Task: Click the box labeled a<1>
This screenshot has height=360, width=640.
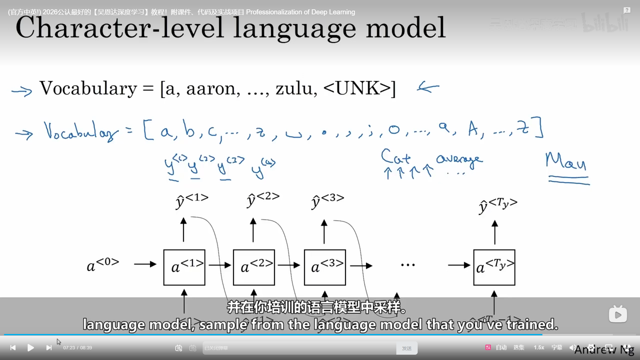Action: click(184, 267)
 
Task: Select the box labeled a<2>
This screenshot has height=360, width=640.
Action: click(254, 267)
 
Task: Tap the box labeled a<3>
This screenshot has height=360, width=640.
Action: click(325, 267)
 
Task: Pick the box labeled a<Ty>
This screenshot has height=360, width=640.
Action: click(494, 267)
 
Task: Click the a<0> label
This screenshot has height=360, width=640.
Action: click(103, 265)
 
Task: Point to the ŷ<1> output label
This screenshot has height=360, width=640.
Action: click(192, 200)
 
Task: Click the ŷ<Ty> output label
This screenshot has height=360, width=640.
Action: click(498, 205)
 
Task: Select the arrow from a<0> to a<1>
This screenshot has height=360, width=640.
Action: click(145, 264)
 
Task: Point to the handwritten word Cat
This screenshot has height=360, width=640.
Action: click(396, 157)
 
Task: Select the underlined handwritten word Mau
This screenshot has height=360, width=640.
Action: click(566, 161)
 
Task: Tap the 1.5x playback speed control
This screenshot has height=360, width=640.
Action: click(539, 347)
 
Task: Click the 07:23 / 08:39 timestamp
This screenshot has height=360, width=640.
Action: click(78, 348)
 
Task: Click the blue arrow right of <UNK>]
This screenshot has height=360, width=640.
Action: click(428, 87)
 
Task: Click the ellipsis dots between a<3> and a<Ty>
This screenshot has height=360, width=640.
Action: click(408, 265)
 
